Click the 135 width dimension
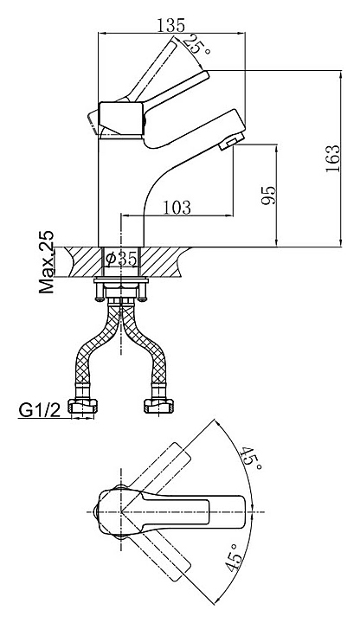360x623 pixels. tap(170, 25)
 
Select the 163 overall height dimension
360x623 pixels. tap(333, 158)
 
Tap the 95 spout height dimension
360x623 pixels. tap(268, 195)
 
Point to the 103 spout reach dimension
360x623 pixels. tap(177, 208)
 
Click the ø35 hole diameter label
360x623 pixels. tap(122, 260)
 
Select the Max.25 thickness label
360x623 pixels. tap(47, 262)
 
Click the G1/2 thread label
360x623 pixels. tap(39, 410)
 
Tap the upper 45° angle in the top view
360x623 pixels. tap(252, 458)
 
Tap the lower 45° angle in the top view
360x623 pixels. tap(234, 557)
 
